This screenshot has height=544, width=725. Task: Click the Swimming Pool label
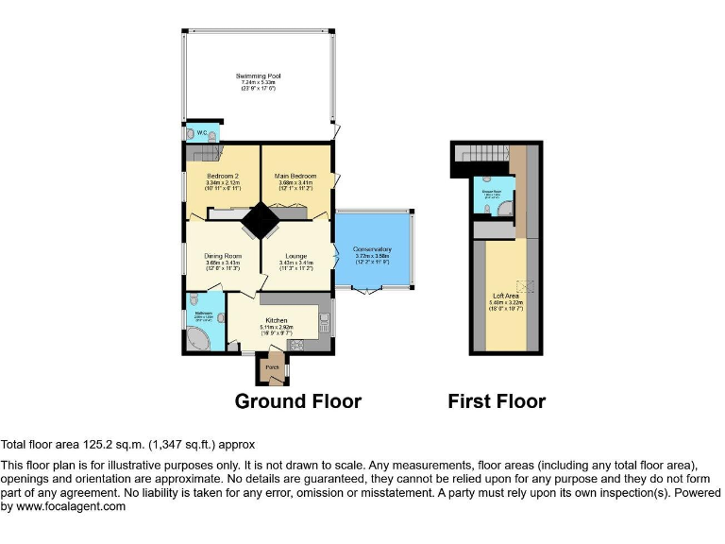(x=258, y=76)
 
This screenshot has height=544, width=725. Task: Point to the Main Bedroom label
(x=295, y=176)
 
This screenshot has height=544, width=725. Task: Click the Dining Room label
(x=223, y=255)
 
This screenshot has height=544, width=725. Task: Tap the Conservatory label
(x=373, y=249)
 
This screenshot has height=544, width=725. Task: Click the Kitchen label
(x=276, y=321)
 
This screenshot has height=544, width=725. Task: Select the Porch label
(x=272, y=366)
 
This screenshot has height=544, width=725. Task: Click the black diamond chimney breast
(x=259, y=223)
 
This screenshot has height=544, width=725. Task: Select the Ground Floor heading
(x=297, y=401)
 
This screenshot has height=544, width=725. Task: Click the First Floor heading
(x=497, y=401)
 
